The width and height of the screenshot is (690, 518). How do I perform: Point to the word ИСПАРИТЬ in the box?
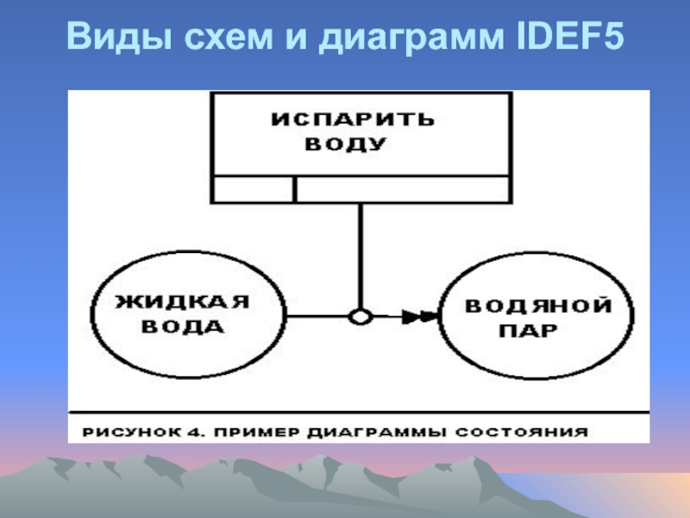tap(354, 118)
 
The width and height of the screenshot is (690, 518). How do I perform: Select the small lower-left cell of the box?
tap(254, 188)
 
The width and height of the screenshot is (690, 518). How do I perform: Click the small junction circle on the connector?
tap(360, 317)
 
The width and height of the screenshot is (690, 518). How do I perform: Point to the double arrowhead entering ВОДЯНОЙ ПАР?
tap(420, 317)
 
